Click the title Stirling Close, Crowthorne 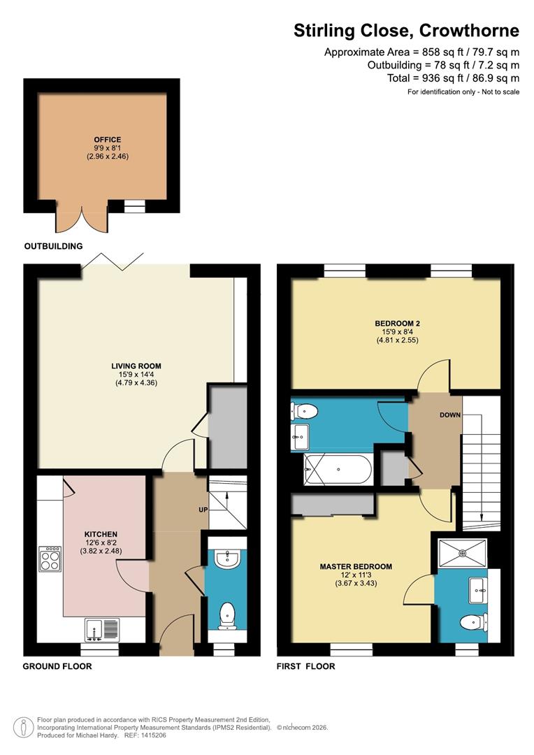point(406,31)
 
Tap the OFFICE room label point(108,140)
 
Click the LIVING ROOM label point(136,366)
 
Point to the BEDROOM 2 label point(396,323)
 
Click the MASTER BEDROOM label point(356,566)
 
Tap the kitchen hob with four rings point(50,558)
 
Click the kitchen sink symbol point(103,630)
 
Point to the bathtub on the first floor point(338,470)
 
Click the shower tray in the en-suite point(461,552)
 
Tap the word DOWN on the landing point(450,415)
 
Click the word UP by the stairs point(203,509)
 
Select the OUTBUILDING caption point(53,246)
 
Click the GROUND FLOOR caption point(57,666)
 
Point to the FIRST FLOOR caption point(306,666)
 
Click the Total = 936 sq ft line point(453,78)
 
